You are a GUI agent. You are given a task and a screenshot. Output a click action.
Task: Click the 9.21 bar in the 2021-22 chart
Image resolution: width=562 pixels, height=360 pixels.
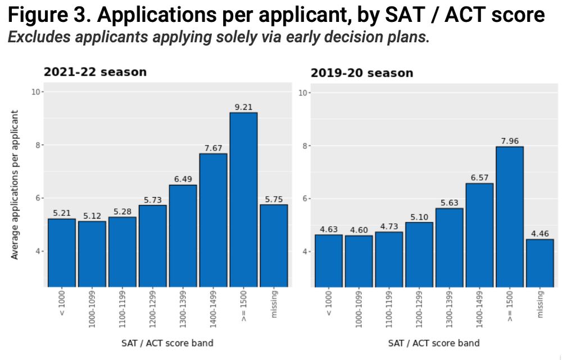(243, 199)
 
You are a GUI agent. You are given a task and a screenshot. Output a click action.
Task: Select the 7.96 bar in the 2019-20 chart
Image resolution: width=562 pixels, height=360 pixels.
(510, 216)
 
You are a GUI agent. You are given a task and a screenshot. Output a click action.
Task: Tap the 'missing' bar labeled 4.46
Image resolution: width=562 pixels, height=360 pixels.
(540, 263)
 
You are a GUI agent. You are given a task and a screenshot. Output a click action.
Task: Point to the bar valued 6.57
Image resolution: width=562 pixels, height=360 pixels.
(479, 235)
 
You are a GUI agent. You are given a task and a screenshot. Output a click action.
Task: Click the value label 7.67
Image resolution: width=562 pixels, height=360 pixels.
(213, 148)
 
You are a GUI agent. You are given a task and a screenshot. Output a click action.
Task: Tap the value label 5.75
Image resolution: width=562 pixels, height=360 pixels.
(274, 199)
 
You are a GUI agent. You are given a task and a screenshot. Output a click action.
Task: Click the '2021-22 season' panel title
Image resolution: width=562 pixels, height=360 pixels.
(95, 72)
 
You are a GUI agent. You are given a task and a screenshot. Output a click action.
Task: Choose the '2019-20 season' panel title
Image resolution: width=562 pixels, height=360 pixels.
(362, 73)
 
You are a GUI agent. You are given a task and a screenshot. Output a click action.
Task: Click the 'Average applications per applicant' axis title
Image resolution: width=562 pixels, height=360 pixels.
(15, 184)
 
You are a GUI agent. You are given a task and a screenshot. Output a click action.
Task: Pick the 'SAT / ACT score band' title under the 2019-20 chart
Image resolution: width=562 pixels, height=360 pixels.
(434, 343)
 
